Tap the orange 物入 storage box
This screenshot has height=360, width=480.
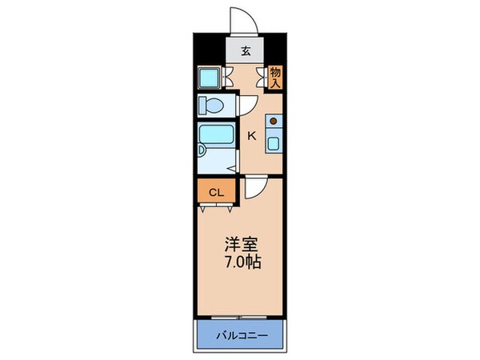(x=275, y=77)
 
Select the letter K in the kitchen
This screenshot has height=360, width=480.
(x=250, y=136)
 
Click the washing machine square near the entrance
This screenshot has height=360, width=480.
(x=210, y=78)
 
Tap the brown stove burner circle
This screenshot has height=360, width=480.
(x=273, y=122)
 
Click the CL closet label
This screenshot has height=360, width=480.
(x=215, y=193)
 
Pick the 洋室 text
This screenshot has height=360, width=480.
(x=243, y=244)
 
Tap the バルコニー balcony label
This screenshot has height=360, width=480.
(x=242, y=334)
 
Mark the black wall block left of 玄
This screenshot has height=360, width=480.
(x=206, y=50)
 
